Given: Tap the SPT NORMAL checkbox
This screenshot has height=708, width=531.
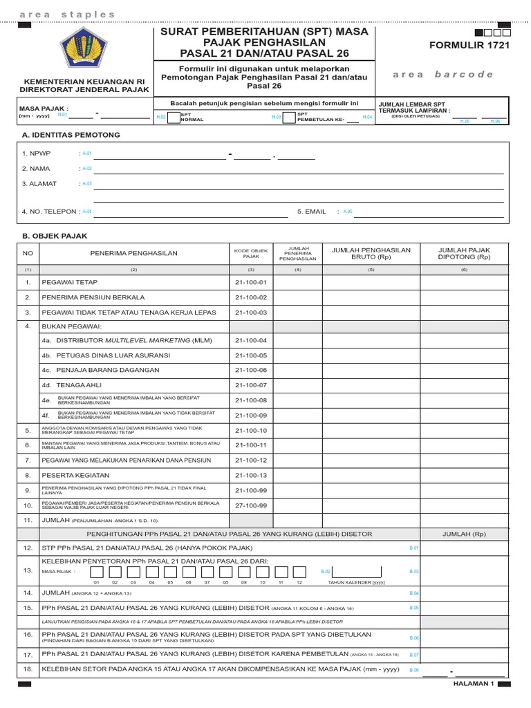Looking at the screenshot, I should click(173, 118).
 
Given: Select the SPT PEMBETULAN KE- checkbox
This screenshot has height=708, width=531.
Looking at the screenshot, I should click(290, 118).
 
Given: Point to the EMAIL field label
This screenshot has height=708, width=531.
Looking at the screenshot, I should click(311, 212).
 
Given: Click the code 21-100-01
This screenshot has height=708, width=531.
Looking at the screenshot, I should click(250, 282).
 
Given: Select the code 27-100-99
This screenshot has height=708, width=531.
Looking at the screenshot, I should click(250, 505).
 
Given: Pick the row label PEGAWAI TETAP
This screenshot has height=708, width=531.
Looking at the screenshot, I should click(70, 282).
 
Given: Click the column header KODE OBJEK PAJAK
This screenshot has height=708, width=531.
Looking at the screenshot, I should click(250, 253).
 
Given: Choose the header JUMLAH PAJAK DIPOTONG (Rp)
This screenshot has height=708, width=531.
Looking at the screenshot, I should click(464, 253).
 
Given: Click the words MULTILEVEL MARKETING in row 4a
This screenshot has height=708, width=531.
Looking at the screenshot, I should click(147, 340).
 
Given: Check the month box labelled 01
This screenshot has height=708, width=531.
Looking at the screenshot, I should click(97, 572).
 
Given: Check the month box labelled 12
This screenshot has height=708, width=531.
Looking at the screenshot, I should click(299, 572).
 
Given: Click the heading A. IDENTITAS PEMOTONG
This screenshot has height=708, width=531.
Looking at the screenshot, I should click(71, 134).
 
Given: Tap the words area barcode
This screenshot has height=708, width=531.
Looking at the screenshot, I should click(443, 75).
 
